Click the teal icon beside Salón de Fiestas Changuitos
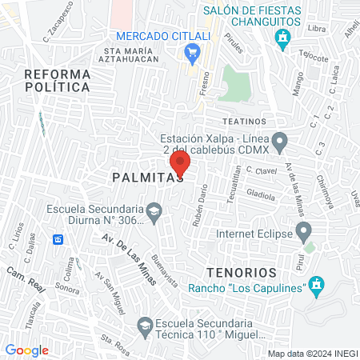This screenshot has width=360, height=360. click(282, 36)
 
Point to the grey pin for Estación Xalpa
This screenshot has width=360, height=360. click(279, 143)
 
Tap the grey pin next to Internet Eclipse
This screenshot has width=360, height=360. click(303, 233)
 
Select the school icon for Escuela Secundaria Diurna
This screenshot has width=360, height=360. click(155, 212)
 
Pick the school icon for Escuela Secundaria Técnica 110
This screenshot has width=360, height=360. click(144, 325)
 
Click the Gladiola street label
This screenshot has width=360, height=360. click(261, 194)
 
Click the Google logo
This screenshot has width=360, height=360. click(27, 350)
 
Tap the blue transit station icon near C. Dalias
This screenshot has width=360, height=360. click(58, 239)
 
